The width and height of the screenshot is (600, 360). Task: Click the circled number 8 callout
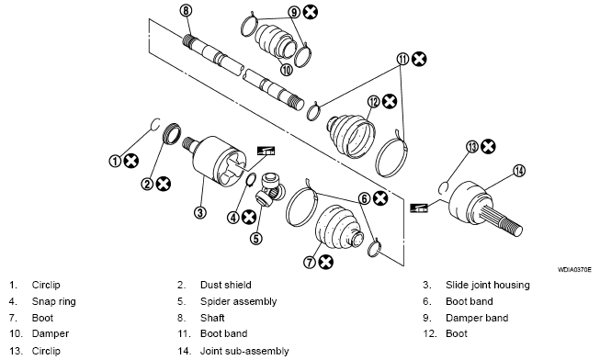(x=186, y=11)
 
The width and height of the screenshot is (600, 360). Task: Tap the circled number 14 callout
(x=519, y=171)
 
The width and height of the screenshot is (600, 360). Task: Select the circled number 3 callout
(x=200, y=212)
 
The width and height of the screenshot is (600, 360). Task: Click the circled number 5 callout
(x=256, y=239)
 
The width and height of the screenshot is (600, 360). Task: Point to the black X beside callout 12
(x=390, y=101)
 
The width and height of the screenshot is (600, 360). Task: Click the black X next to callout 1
(x=131, y=161)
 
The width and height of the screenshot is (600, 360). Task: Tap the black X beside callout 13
(x=488, y=147)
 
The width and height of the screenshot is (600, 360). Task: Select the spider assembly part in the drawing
(x=269, y=188)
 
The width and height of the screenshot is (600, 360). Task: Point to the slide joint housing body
(x=214, y=161)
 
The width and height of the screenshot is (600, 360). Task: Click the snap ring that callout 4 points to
(x=251, y=180)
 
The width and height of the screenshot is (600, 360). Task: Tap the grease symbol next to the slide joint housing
(x=266, y=151)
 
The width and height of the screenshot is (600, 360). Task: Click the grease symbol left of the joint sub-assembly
(x=419, y=208)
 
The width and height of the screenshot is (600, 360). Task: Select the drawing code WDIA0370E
(x=574, y=270)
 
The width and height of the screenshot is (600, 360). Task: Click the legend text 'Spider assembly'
(x=238, y=301)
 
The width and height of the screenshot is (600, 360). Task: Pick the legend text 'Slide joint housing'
(x=488, y=285)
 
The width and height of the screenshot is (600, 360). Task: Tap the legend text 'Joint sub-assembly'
(x=244, y=351)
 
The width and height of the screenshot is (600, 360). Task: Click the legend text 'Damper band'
(x=477, y=318)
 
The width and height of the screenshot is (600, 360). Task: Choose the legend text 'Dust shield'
(x=226, y=285)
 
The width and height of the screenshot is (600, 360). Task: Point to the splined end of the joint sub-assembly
(x=502, y=220)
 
